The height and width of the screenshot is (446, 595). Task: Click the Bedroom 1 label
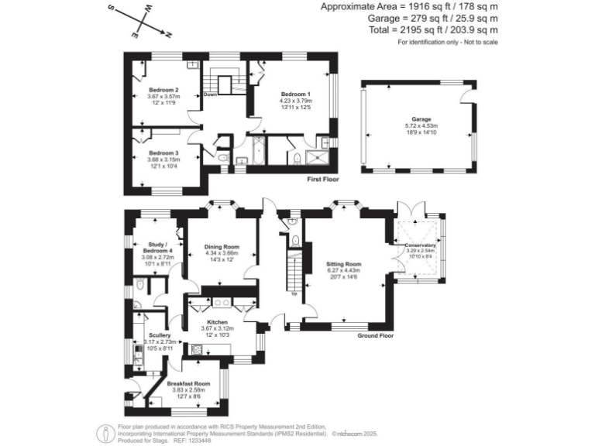point(294,93)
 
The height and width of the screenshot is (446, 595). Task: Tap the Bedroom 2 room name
point(163,90)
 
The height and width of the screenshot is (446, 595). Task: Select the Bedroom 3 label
point(163,153)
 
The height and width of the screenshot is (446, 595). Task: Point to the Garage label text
point(421,118)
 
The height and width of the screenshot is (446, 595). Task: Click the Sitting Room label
point(344,264)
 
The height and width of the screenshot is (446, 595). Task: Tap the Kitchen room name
point(217,321)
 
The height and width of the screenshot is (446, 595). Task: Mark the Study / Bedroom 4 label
point(158,248)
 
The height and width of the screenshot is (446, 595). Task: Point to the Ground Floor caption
point(375,336)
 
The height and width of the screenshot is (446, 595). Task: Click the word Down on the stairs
point(209,95)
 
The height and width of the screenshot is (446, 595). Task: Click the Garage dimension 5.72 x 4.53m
point(421,125)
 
